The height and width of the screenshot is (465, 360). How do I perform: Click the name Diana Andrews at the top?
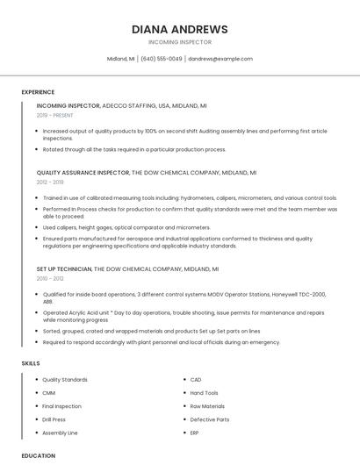pyautogui.click(x=179, y=29)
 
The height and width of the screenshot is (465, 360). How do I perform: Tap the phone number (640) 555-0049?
pyautogui.click(x=162, y=59)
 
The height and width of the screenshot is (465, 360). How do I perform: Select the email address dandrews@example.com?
pyautogui.click(x=220, y=59)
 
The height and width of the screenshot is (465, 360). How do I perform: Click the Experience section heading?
pyautogui.click(x=38, y=92)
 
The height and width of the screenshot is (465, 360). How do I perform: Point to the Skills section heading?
pyautogui.click(x=31, y=363)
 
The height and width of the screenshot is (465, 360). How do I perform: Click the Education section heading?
pyautogui.click(x=39, y=455)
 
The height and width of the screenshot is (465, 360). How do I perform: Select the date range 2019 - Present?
pyautogui.click(x=55, y=115)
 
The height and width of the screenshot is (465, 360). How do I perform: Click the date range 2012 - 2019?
pyautogui.click(x=50, y=182)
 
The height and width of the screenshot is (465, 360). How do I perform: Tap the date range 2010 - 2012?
pyautogui.click(x=50, y=278)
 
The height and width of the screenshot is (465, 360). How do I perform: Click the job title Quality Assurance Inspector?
pyautogui.click(x=83, y=173)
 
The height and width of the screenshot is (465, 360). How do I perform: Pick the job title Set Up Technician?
pyautogui.click(x=64, y=268)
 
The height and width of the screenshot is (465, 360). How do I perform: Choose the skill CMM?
pyautogui.click(x=49, y=393)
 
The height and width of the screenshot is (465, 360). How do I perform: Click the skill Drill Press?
pyautogui.click(x=54, y=419)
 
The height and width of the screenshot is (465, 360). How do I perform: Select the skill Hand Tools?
pyautogui.click(x=205, y=393)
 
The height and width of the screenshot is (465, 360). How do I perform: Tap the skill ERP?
pyautogui.click(x=195, y=433)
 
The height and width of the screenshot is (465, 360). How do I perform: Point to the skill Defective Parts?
pyautogui.click(x=210, y=419)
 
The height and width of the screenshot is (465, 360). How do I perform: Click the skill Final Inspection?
pyautogui.click(x=62, y=406)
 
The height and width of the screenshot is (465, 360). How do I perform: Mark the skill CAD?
pyautogui.click(x=196, y=380)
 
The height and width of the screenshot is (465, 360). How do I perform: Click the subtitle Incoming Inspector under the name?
pyautogui.click(x=179, y=42)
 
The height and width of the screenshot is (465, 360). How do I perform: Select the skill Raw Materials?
pyautogui.click(x=207, y=406)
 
